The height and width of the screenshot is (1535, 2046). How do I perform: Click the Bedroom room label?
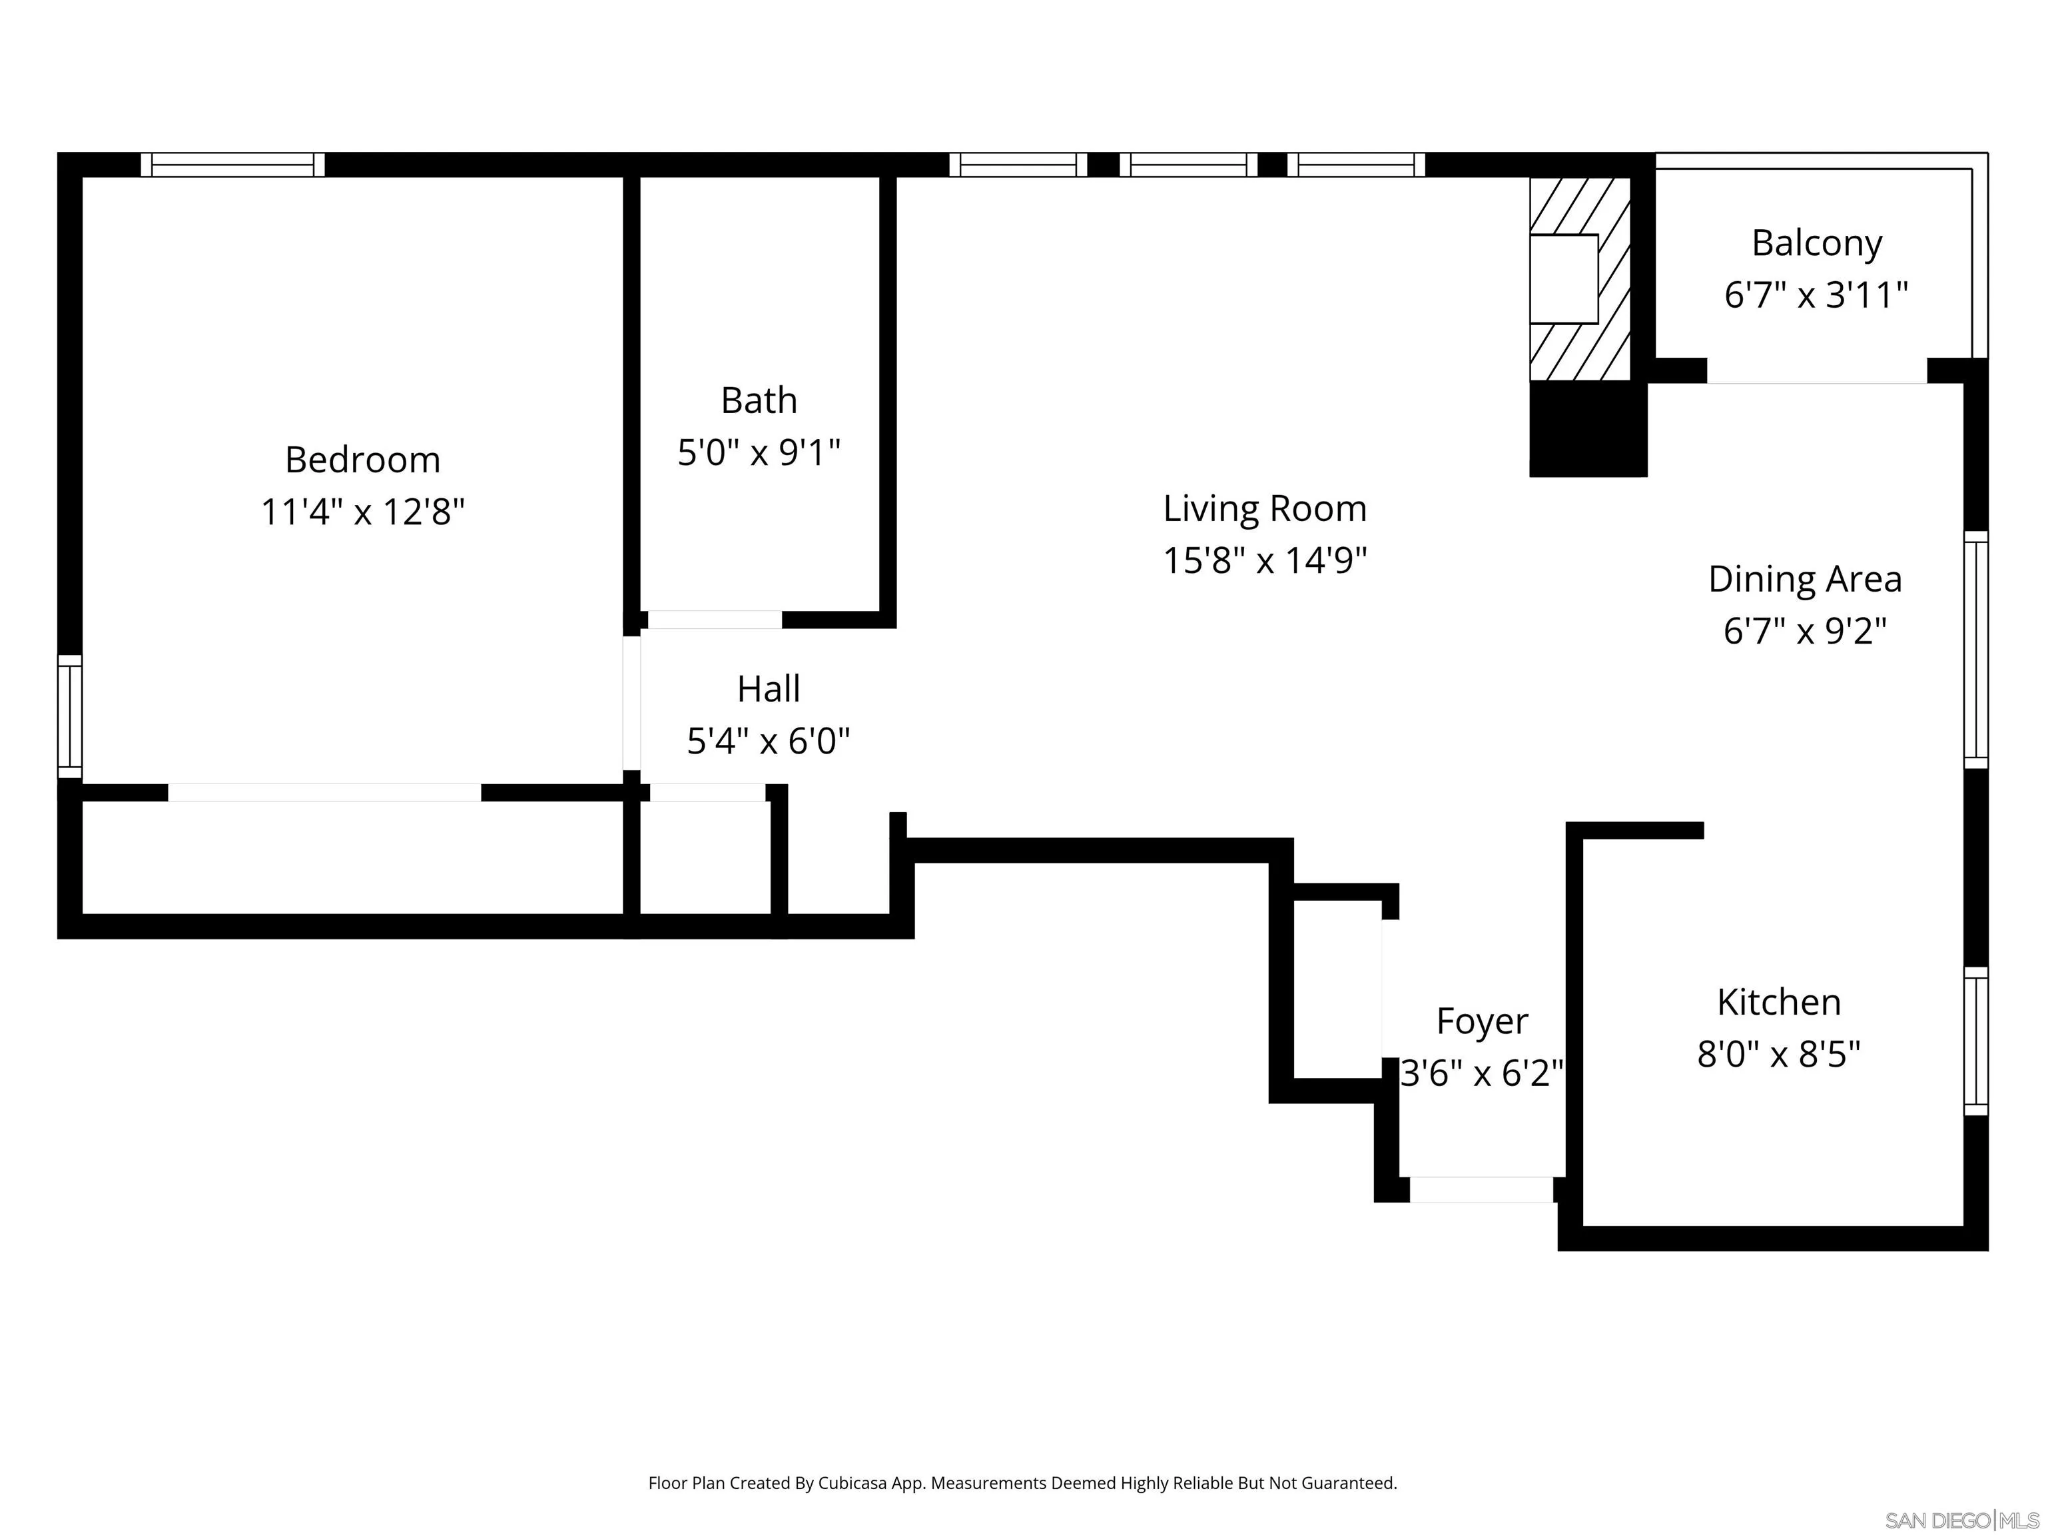[x=362, y=460]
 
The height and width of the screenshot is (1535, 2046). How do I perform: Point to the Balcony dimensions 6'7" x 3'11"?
[x=1816, y=295]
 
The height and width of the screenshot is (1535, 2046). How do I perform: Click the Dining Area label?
[x=1805, y=579]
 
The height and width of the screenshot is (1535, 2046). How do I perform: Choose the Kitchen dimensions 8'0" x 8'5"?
[x=1778, y=1054]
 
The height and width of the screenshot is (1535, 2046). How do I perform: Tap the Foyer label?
[x=1482, y=1021]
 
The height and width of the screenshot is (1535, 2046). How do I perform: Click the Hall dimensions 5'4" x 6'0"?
[x=768, y=741]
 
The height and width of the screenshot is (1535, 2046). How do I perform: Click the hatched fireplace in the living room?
[x=1580, y=278]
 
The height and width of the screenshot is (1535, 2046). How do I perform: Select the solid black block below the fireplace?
[x=1587, y=429]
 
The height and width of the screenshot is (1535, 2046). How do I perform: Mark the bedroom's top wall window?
[x=233, y=165]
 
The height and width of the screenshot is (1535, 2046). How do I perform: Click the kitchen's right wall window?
[x=1975, y=1041]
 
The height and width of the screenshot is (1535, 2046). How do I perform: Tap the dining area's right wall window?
[x=1975, y=650]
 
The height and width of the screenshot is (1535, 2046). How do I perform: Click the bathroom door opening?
[x=714, y=620]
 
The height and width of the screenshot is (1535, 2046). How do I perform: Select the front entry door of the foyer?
[x=1481, y=1190]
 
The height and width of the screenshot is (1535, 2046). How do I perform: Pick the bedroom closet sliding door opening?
[x=324, y=793]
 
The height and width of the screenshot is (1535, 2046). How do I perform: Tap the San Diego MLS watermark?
[x=1961, y=1520]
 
